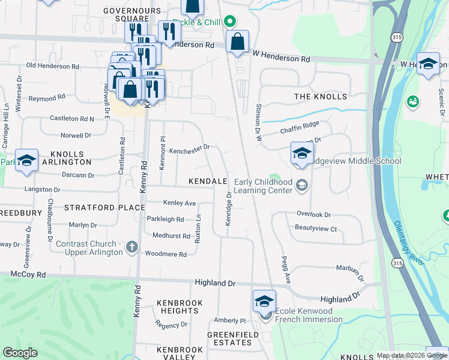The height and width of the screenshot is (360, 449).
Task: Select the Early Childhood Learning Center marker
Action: click(x=301, y=186)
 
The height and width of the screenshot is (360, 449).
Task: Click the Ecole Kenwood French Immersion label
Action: click(x=309, y=315)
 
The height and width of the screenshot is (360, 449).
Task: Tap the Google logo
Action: click(x=20, y=353)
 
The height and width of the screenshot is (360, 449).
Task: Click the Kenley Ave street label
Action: click(x=179, y=203)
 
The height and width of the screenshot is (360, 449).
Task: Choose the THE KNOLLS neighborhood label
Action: click(x=321, y=97)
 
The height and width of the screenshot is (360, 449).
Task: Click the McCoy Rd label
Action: click(x=28, y=274)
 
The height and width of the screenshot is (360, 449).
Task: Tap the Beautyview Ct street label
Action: click(x=316, y=228)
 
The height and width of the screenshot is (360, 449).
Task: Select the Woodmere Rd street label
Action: click(x=166, y=254)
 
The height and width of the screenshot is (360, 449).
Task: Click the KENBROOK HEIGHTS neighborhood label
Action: click(x=179, y=307)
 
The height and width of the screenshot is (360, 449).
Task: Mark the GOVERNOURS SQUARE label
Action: click(x=132, y=14)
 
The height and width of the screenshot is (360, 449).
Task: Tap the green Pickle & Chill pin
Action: click(x=229, y=22)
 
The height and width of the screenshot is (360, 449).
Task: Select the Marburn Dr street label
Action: click(x=351, y=272)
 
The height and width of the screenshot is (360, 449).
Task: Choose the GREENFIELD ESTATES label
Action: click(x=229, y=338)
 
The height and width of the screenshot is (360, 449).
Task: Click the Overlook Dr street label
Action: click(x=313, y=214)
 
